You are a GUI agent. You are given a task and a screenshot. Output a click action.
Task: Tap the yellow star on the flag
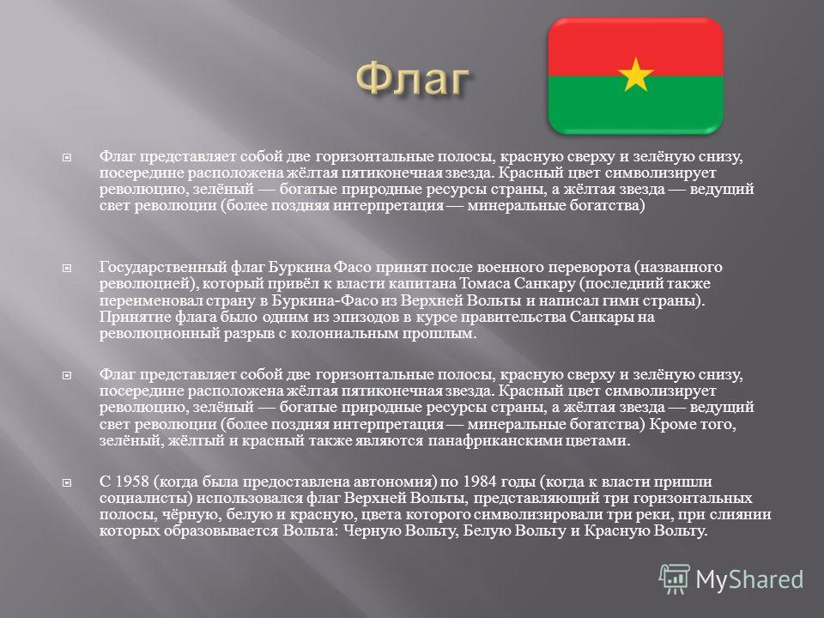[636, 75]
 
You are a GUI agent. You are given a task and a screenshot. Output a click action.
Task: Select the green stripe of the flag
[636, 105]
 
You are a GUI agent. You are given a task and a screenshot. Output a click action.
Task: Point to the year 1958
[130, 482]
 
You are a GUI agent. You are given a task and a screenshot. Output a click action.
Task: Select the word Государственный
[162, 268]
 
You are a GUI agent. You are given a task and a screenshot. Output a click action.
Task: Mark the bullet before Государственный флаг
[67, 268]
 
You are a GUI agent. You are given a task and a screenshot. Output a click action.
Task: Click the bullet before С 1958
[67, 482]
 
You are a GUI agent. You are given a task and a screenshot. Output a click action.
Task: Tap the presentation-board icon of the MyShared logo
[675, 579]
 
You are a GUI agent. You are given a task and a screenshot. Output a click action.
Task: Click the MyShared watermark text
[750, 580]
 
